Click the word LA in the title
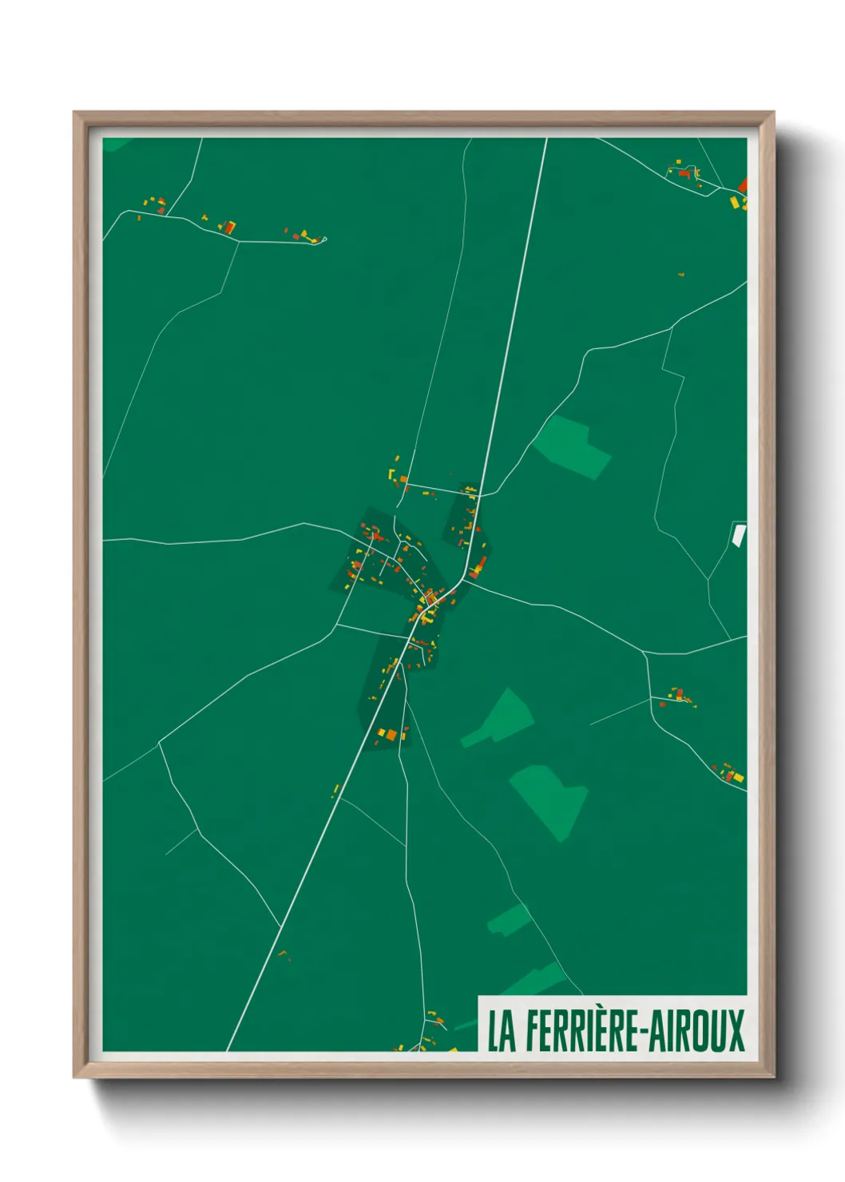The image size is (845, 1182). [x=502, y=1031]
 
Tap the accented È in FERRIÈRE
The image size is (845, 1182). [x=604, y=1030]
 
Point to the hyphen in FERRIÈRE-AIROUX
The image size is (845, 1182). [x=637, y=1032]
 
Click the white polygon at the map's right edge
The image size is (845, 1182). [x=739, y=535]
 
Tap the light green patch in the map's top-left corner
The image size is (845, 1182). [x=117, y=144]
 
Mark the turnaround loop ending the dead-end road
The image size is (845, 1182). [x=319, y=240]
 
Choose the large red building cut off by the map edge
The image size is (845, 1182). [x=743, y=186]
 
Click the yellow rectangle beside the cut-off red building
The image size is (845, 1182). [x=736, y=202]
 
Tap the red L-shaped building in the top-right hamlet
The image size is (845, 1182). [x=685, y=173]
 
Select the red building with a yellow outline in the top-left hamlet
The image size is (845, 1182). [x=229, y=228]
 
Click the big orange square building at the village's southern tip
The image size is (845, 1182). [x=391, y=735]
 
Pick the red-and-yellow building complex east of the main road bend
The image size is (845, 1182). [x=478, y=569]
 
